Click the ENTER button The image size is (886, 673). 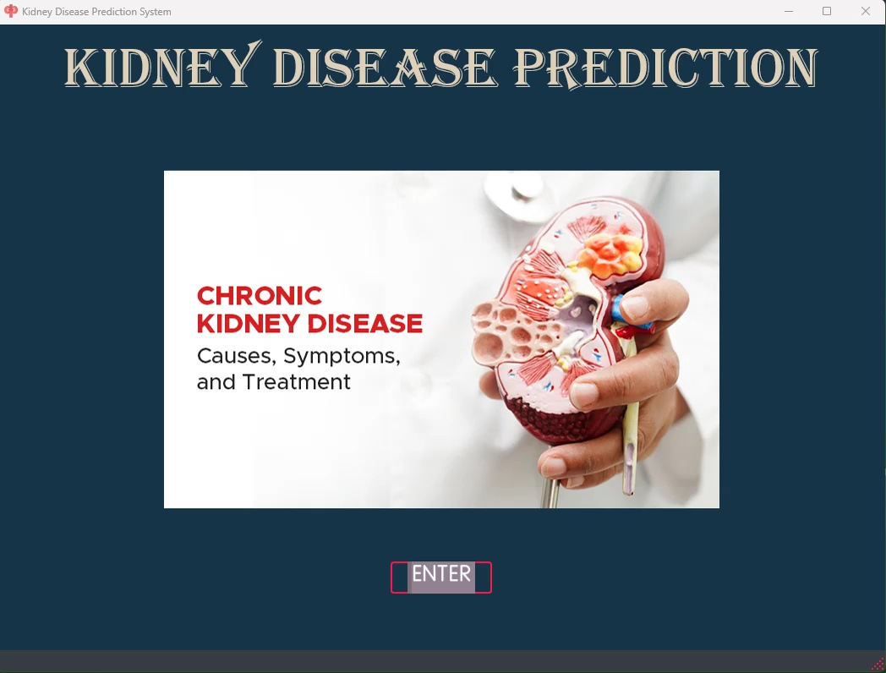pos(440,577)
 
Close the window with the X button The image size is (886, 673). pos(865,11)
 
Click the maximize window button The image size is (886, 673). pos(827,11)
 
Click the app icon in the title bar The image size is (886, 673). pos(11,11)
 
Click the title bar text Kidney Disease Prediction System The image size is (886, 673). pos(96,12)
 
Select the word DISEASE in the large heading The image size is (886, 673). pos(385,68)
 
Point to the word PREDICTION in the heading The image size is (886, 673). pos(665,68)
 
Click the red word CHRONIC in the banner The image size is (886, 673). pos(260,296)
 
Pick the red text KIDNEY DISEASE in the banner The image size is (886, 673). pos(309,324)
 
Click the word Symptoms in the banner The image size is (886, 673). pos(342,357)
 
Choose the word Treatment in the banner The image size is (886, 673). pos(297,382)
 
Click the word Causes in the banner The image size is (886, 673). pos(236,356)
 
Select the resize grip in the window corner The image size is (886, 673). pos(878,665)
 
